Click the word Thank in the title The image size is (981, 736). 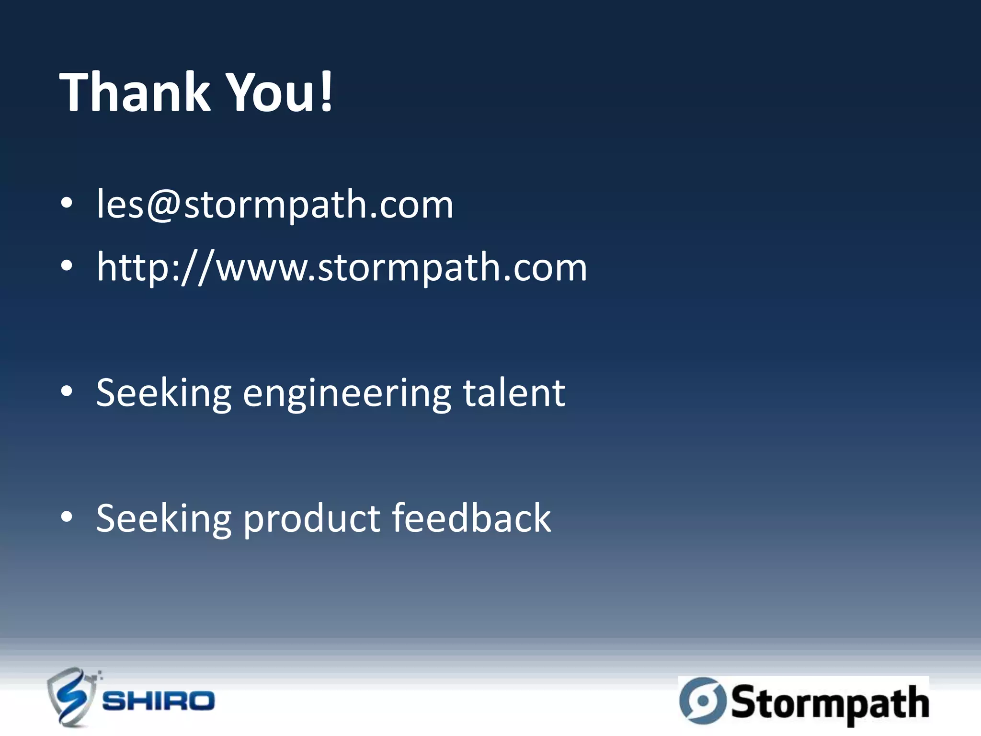click(135, 92)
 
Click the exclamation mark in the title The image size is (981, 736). click(326, 91)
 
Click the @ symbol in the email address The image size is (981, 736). click(163, 205)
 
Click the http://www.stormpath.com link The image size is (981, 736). click(342, 268)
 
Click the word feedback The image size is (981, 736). click(471, 518)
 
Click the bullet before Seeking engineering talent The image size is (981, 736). click(67, 391)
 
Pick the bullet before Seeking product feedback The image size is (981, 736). click(67, 517)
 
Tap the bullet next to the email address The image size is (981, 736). click(67, 203)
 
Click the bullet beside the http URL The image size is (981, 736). click(67, 266)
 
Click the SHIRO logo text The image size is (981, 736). click(159, 701)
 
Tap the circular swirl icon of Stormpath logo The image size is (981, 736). click(703, 700)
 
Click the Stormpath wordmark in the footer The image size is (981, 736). click(830, 702)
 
